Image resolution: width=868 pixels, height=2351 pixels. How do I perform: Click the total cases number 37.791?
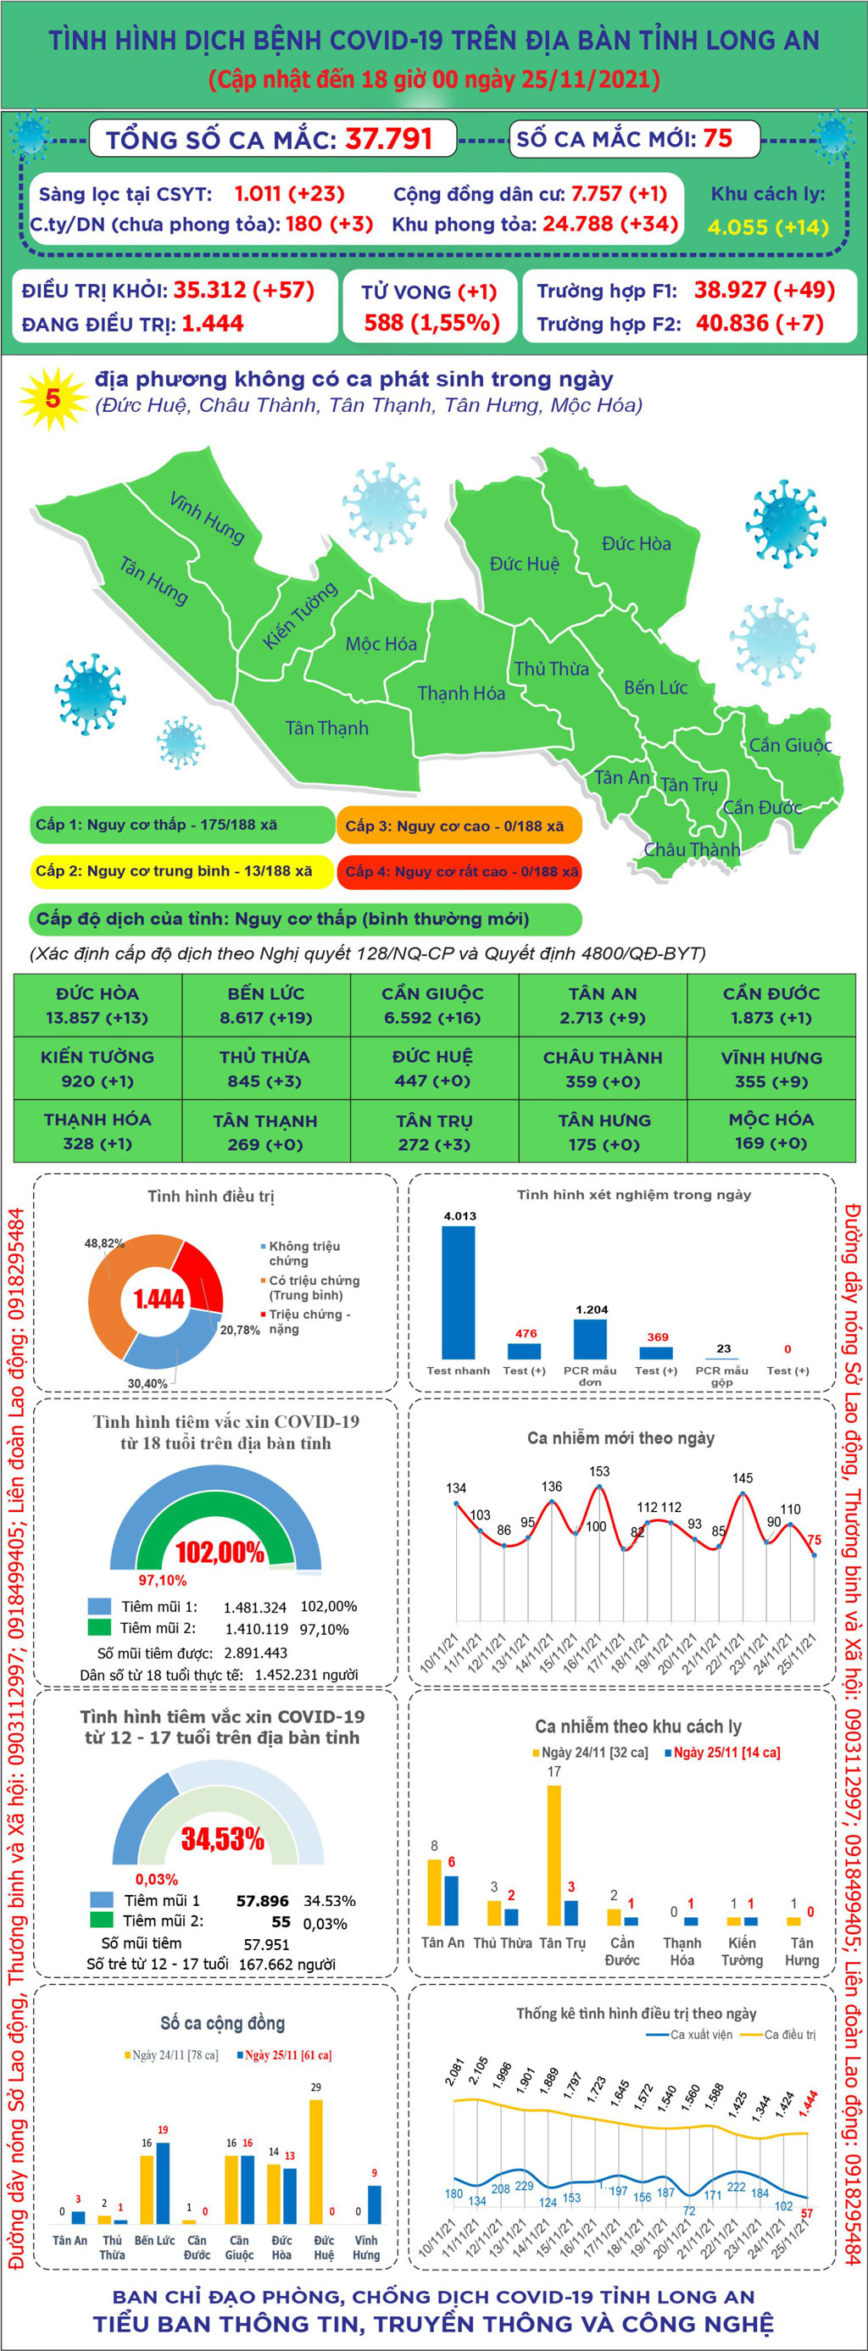pyautogui.click(x=388, y=139)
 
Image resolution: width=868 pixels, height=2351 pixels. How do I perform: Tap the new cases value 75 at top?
pyautogui.click(x=717, y=139)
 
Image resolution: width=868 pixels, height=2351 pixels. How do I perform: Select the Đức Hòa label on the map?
pyautogui.click(x=637, y=544)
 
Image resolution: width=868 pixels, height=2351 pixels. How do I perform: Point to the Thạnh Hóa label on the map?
pyautogui.click(x=461, y=693)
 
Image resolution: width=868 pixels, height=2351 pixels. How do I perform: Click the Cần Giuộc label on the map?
pyautogui.click(x=789, y=746)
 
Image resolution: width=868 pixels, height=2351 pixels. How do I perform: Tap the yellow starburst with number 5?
pyautogui.click(x=53, y=399)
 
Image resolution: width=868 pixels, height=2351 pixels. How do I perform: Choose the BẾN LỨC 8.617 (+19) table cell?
pyautogui.click(x=265, y=1006)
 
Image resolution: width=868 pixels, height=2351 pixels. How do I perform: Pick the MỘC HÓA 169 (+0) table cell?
pyautogui.click(x=771, y=1131)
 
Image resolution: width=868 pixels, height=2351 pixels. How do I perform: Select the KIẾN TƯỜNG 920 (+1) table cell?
pyautogui.click(x=97, y=1069)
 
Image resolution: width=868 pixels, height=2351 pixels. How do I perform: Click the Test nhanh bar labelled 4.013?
pyautogui.click(x=459, y=1292)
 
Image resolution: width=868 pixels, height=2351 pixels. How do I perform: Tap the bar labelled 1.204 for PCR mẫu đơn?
pyautogui.click(x=590, y=1339)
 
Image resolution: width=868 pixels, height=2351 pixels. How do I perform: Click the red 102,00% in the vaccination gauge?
pyautogui.click(x=220, y=1553)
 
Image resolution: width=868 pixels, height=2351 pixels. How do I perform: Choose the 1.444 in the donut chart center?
pyautogui.click(x=159, y=1298)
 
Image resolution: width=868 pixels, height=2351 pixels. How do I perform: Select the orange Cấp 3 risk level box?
pyautogui.click(x=459, y=826)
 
